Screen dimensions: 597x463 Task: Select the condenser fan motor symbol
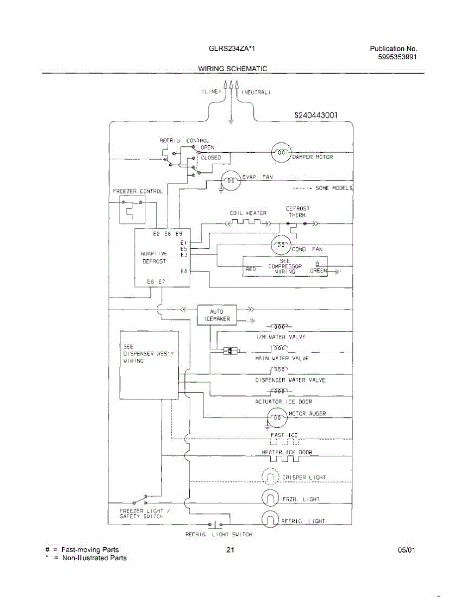(x=280, y=245)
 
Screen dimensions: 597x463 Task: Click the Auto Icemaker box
(x=217, y=315)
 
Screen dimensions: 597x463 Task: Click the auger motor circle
(x=276, y=417)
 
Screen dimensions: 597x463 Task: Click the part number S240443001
(x=317, y=115)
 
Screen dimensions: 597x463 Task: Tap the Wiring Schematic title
(x=232, y=69)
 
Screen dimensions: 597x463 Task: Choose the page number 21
(x=230, y=550)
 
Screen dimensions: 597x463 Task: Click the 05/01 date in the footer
(x=407, y=550)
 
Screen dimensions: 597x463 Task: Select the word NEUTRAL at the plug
(x=256, y=93)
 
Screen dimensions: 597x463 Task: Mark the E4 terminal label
(x=184, y=271)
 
